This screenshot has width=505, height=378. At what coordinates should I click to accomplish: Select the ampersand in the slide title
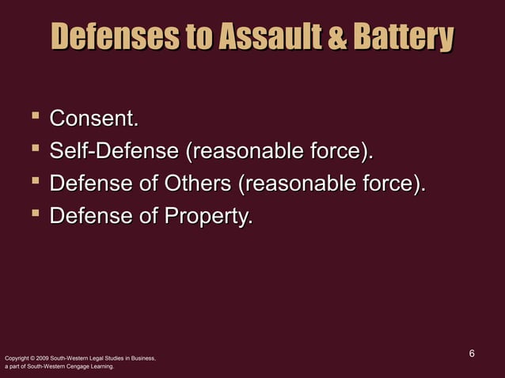[337, 37]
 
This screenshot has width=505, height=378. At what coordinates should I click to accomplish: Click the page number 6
[472, 353]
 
